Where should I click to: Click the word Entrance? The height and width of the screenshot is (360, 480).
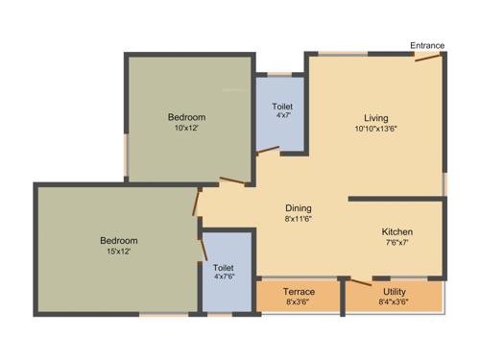tap(426, 45)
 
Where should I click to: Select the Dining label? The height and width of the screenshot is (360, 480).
tap(299, 207)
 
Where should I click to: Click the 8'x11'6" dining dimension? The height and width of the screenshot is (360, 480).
tap(299, 218)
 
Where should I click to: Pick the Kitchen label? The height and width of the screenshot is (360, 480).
tap(396, 232)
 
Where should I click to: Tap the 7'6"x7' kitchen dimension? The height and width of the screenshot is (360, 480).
tap(396, 243)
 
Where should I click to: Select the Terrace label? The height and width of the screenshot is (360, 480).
tap(299, 291)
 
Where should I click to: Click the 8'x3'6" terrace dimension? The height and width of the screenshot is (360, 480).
tap(299, 301)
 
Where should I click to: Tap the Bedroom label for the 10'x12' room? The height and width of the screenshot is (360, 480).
tap(187, 117)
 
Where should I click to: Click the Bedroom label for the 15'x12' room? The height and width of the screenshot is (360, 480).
tap(119, 240)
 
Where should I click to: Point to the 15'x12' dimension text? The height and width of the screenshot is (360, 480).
tap(119, 251)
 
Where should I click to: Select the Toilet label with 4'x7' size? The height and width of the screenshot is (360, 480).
tap(282, 106)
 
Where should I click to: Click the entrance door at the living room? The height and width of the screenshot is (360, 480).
tap(429, 59)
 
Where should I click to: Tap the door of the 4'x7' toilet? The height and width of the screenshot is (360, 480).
tap(268, 150)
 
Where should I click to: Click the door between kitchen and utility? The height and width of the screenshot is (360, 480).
tap(360, 280)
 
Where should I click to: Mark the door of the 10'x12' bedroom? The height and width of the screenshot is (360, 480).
tap(231, 180)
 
